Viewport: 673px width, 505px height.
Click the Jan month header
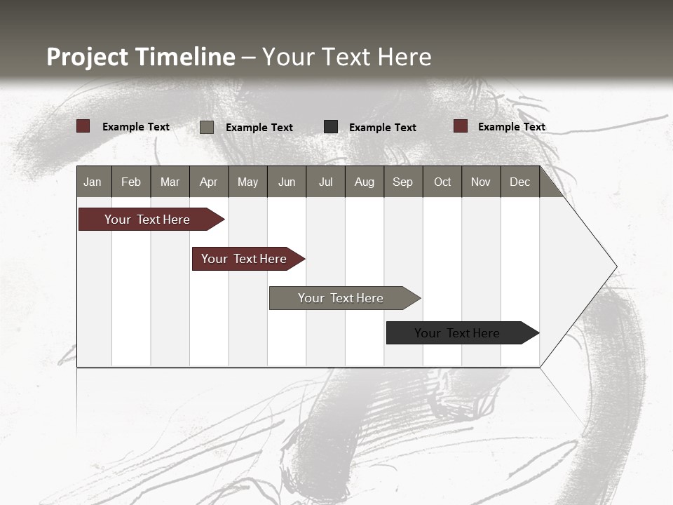coord(93,182)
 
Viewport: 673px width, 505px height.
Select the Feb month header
coord(131,182)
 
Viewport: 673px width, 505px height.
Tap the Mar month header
coord(170,182)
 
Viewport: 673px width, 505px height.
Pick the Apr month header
coord(208,182)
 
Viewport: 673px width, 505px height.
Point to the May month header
coord(247,182)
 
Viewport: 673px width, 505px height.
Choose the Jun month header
coord(287,182)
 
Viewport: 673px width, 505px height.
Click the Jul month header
coord(325,182)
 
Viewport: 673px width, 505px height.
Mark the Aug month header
coord(364,182)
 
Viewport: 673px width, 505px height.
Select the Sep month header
coord(402,182)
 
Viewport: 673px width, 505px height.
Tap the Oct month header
coord(442,182)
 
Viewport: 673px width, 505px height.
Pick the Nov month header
coord(481,182)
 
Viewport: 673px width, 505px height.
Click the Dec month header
coord(520,182)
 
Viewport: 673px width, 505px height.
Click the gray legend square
coord(207,127)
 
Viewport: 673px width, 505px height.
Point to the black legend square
coord(331,127)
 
